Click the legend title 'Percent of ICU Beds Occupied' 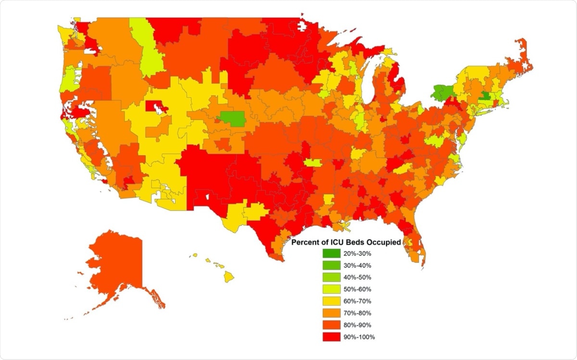[x=347, y=242]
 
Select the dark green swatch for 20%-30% [x=331, y=253]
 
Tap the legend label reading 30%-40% [x=357, y=265]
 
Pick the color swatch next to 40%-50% [x=331, y=277]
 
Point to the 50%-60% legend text [x=357, y=289]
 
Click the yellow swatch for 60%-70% [x=331, y=301]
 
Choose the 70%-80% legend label [x=357, y=313]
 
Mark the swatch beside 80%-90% [x=331, y=325]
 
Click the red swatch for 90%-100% [x=331, y=337]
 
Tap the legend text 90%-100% [x=359, y=337]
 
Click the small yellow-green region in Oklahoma [x=312, y=162]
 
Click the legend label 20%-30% [x=357, y=253]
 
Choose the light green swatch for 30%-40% [x=331, y=265]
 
